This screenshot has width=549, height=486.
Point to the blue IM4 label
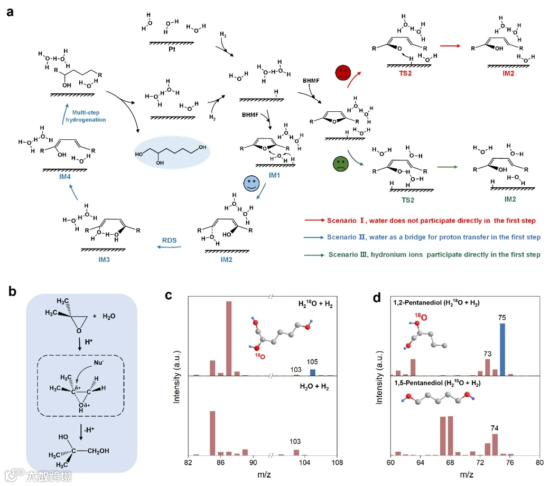[65, 178]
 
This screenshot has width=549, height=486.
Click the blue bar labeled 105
[313, 372]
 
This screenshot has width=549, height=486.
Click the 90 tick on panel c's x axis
[253, 463]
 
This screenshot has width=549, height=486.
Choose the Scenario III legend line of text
[433, 254]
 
